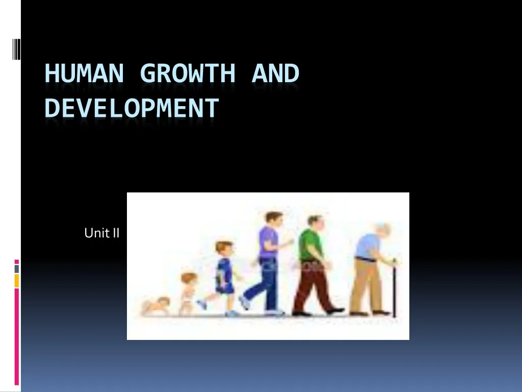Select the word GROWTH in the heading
[188, 73]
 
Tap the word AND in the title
[275, 73]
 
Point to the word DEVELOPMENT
[132, 108]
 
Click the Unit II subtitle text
[102, 233]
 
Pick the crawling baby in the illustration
[156, 305]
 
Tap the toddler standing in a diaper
[188, 293]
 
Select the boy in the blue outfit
[223, 276]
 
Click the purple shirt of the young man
[268, 241]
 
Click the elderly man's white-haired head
[381, 230]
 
